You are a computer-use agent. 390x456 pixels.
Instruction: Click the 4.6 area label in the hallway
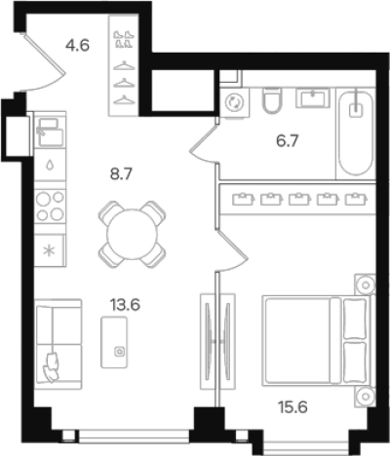click(77, 45)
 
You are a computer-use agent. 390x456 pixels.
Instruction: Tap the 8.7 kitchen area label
click(122, 174)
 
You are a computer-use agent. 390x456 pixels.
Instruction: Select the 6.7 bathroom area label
click(288, 141)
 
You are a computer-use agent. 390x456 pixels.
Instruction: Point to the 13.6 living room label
click(125, 305)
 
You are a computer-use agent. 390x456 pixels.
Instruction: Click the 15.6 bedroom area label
click(292, 406)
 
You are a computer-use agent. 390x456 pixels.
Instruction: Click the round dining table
click(132, 234)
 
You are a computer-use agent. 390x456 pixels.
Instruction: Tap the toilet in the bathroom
click(272, 100)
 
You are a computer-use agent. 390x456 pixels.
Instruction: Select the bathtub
click(356, 133)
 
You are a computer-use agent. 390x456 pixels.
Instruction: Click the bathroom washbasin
click(313, 98)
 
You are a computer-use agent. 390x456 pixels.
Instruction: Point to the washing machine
click(235, 102)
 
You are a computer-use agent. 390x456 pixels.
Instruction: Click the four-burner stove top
click(50, 206)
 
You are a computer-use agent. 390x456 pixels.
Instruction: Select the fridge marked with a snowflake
click(50, 250)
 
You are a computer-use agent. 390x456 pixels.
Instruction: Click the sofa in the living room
click(58, 344)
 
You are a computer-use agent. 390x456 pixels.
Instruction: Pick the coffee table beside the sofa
click(114, 342)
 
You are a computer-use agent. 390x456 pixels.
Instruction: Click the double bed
click(318, 341)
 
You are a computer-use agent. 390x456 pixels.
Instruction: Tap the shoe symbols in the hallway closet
click(124, 39)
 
